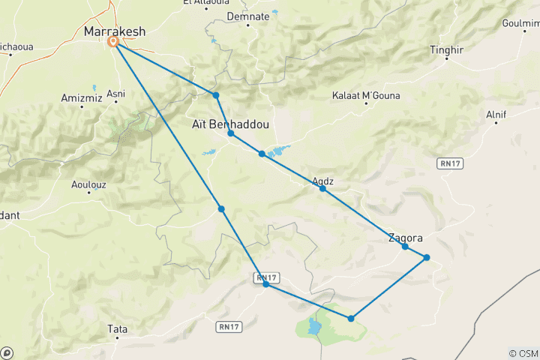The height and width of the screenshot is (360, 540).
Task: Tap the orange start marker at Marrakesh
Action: click(114, 42)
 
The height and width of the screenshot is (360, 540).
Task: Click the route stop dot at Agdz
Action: click(322, 188)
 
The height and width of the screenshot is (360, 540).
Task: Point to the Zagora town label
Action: click(405, 238)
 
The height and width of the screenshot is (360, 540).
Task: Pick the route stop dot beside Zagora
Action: click(405, 247)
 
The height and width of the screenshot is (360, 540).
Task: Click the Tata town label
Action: click(118, 328)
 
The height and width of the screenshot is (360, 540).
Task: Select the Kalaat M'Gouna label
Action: click(367, 96)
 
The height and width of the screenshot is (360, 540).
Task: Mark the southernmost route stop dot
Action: click(351, 319)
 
